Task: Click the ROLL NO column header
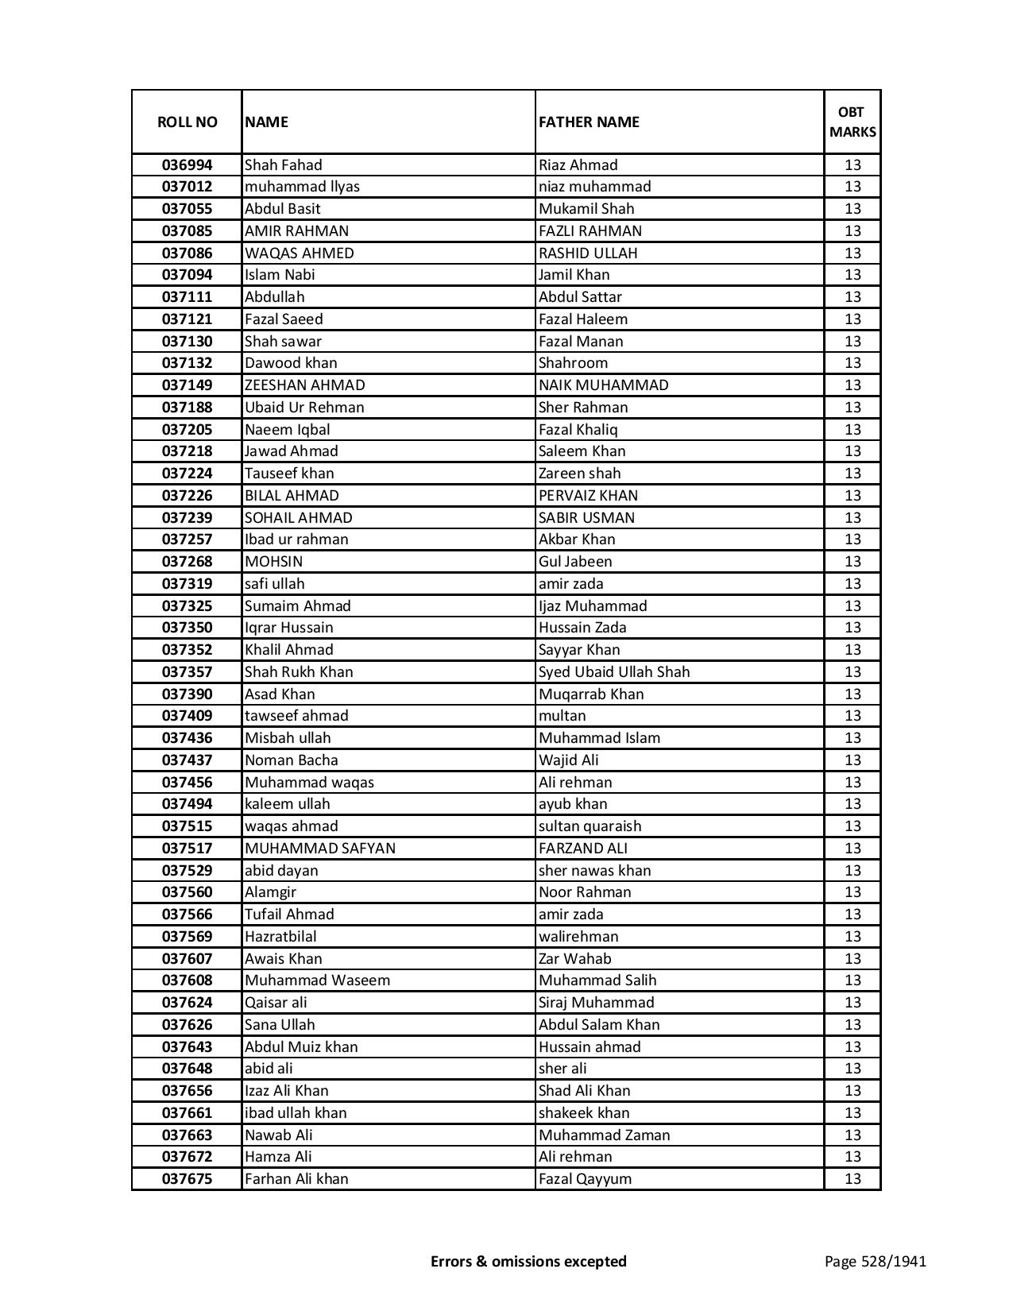(x=187, y=122)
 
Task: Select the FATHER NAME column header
(x=589, y=122)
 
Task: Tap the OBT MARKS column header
(x=853, y=122)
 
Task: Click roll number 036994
(x=187, y=165)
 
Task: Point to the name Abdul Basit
(x=283, y=209)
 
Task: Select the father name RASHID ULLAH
(x=588, y=253)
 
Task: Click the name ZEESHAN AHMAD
(x=305, y=385)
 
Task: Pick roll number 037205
(x=187, y=430)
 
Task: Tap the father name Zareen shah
(x=579, y=474)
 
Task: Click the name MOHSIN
(x=273, y=562)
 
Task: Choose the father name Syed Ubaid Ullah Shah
(x=614, y=672)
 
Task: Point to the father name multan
(x=562, y=716)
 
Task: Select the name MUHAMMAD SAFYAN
(x=320, y=849)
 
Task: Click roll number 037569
(x=187, y=937)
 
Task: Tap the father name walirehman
(x=578, y=937)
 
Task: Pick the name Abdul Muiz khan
(x=301, y=1047)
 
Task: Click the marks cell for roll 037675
(x=853, y=1179)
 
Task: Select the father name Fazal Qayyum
(x=585, y=1179)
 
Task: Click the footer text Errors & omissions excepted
(x=528, y=1261)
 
